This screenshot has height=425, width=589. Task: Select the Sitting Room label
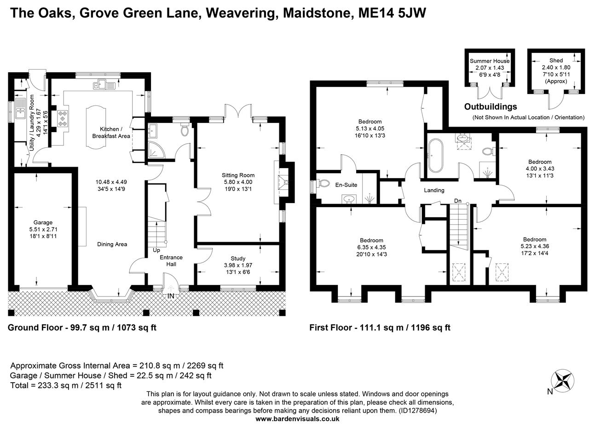tap(238, 175)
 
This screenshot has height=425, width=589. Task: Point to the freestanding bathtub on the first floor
tap(435, 157)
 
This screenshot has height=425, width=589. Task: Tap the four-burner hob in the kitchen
tap(63, 117)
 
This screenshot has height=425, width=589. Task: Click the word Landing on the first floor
tap(434, 190)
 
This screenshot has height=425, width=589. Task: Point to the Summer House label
tap(490, 61)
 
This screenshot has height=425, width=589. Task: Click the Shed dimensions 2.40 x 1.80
tap(555, 67)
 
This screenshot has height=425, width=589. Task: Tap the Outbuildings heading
tap(490, 107)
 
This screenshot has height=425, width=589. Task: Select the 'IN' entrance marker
tap(171, 296)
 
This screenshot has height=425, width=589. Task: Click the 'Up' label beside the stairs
tap(157, 250)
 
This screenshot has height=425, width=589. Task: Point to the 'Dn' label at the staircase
tap(458, 201)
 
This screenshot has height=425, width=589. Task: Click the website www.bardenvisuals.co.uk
tap(297, 419)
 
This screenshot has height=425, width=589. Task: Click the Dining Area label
tap(112, 244)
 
